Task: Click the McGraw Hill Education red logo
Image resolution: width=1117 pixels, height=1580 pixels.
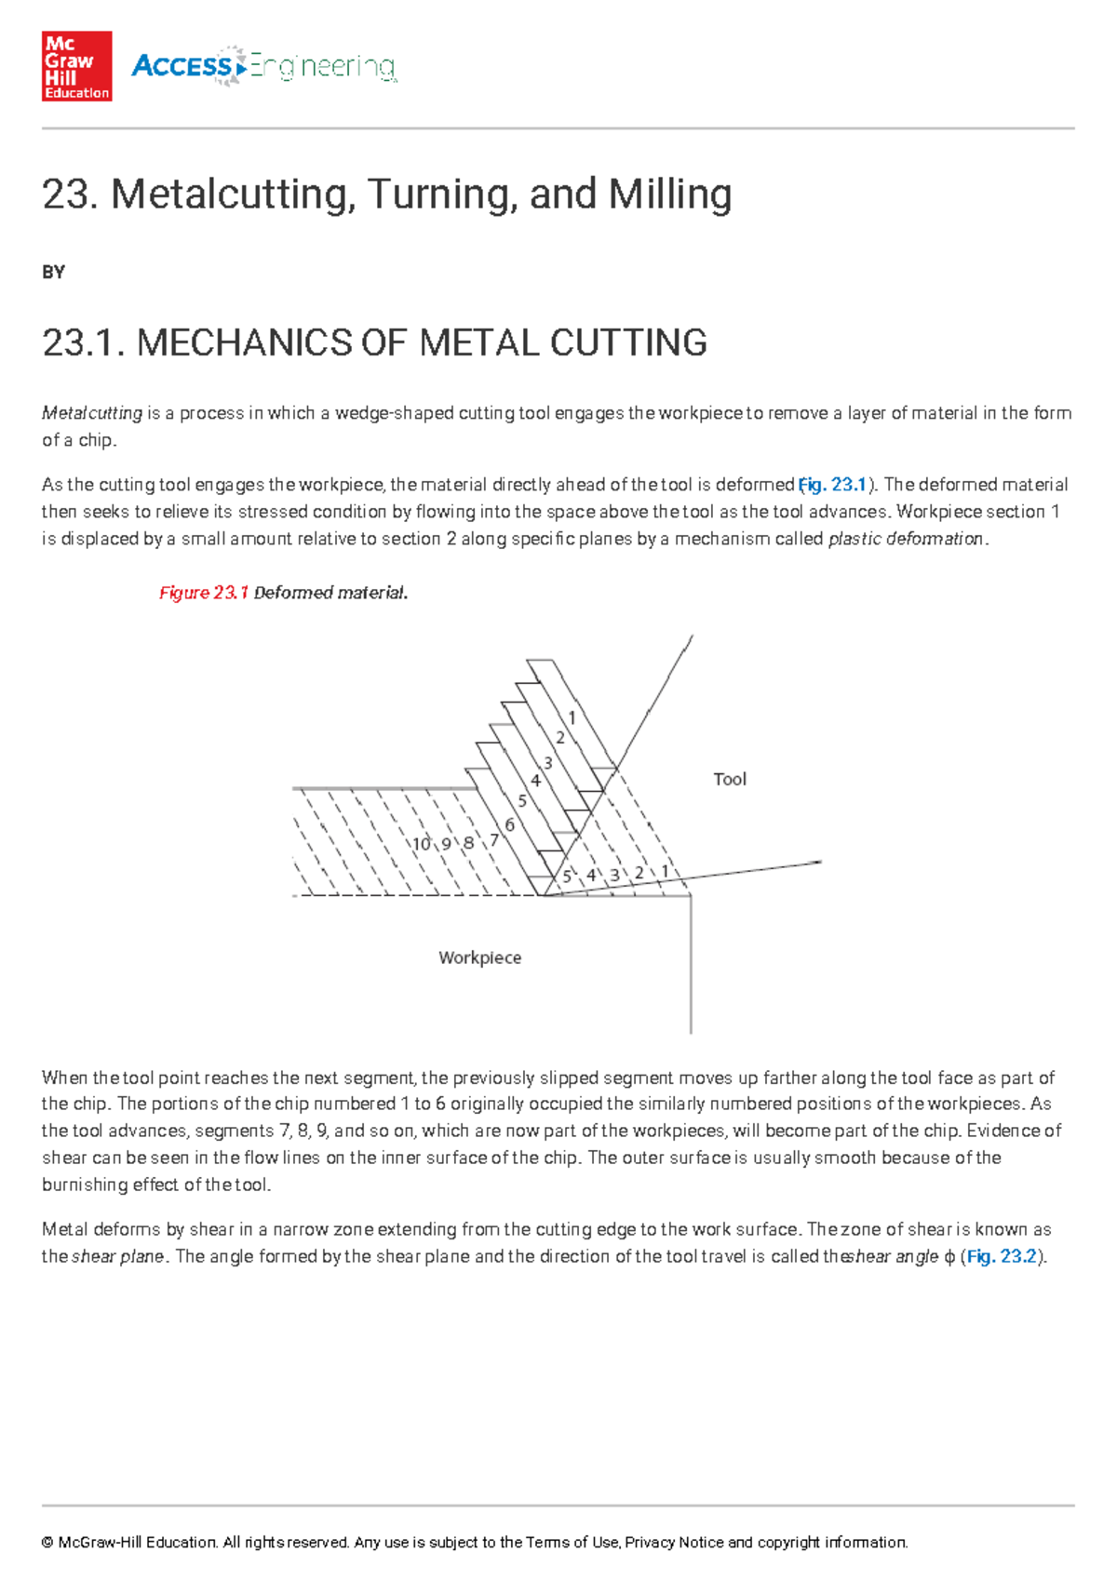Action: tap(76, 66)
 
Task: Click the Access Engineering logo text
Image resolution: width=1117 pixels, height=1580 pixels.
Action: tap(264, 66)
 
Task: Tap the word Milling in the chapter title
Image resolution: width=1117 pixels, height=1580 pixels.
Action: tap(669, 194)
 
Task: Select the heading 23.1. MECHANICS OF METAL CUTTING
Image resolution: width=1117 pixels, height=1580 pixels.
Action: tap(374, 342)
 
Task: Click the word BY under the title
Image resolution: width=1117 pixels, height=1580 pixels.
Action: tap(53, 273)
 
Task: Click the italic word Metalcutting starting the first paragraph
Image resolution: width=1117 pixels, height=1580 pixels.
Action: tap(92, 413)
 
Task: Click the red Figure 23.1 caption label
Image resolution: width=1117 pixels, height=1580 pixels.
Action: tap(203, 593)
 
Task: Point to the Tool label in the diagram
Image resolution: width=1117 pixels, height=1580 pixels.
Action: tap(729, 780)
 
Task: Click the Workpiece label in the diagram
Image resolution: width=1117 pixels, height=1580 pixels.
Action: tap(479, 957)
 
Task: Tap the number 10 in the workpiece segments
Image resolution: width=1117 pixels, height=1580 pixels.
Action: tap(422, 844)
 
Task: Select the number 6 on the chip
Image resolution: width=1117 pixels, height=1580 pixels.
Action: tap(510, 824)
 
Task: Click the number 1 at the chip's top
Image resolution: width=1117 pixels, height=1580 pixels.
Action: tap(572, 717)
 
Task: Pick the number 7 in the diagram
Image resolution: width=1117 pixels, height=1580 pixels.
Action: tap(494, 840)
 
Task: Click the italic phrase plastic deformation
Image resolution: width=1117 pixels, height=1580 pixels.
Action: tap(905, 539)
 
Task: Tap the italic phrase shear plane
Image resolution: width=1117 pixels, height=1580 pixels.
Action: tap(118, 1256)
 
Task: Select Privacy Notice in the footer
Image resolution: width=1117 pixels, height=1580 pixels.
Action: tap(674, 1542)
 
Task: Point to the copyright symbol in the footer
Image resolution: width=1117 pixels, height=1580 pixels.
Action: tap(47, 1543)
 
